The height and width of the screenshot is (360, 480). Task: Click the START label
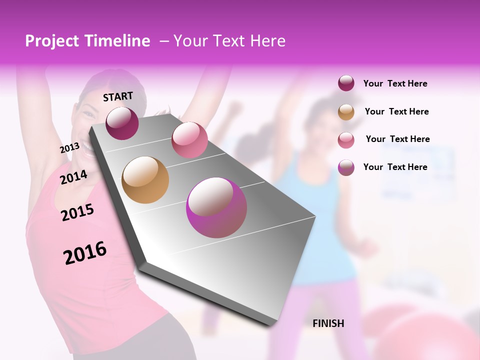click(x=118, y=96)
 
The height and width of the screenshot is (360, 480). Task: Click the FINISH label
click(x=328, y=323)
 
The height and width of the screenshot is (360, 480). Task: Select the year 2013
click(x=69, y=148)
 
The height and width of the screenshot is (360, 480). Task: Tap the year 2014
click(x=73, y=177)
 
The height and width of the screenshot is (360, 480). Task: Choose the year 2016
click(x=85, y=252)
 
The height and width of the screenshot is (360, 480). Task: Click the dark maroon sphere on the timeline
click(x=122, y=123)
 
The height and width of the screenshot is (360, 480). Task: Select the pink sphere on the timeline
click(x=189, y=139)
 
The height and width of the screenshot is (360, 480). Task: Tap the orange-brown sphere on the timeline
click(x=145, y=180)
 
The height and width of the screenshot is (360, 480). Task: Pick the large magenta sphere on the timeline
click(x=216, y=207)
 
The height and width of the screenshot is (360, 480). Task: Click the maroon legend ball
click(x=346, y=83)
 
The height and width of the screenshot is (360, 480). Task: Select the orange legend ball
click(x=346, y=112)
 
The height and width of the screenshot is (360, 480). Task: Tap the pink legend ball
click(x=346, y=140)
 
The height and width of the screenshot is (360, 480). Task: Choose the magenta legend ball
click(x=346, y=167)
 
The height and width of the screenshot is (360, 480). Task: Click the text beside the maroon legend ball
click(x=395, y=83)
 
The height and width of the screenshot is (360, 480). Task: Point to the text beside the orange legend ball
click(x=396, y=111)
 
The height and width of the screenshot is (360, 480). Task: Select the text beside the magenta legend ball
click(x=395, y=167)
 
